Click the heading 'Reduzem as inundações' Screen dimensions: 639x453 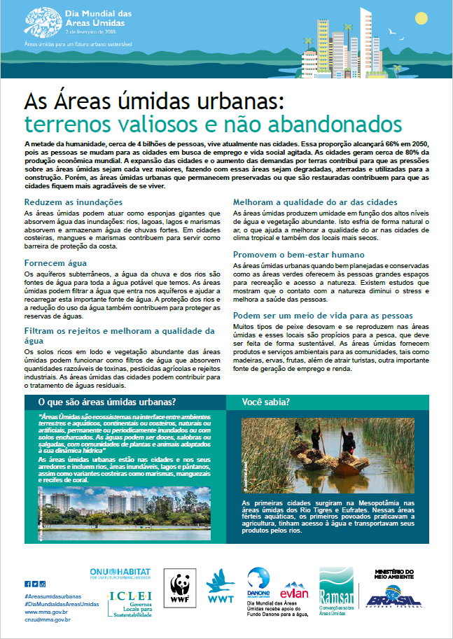[65, 202]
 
